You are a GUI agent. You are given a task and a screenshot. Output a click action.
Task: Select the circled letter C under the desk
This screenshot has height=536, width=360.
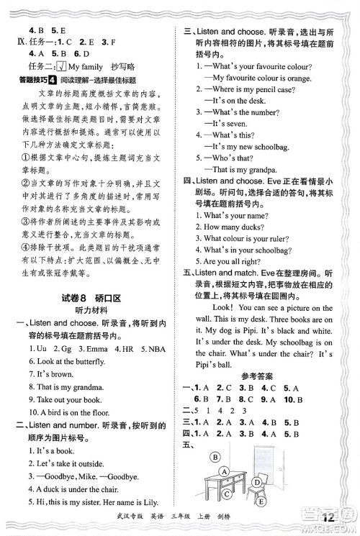tap(226, 494)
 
